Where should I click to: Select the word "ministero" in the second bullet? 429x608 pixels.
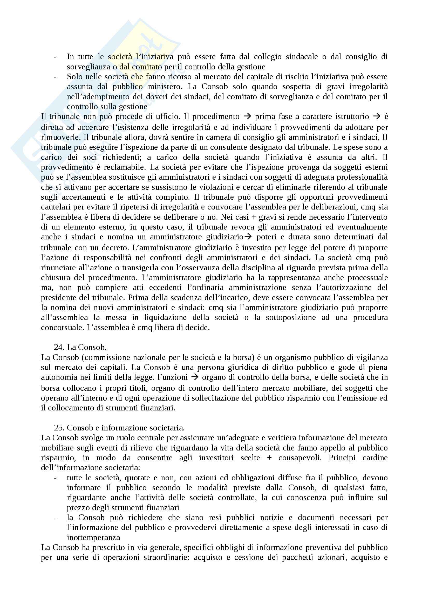[x=168, y=87]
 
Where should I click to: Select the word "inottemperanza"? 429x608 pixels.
[x=93, y=537]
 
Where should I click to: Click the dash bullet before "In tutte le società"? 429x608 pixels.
[x=55, y=57]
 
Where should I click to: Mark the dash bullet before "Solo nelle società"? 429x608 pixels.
[x=55, y=77]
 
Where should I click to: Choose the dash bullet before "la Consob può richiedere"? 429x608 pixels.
[x=55, y=518]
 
